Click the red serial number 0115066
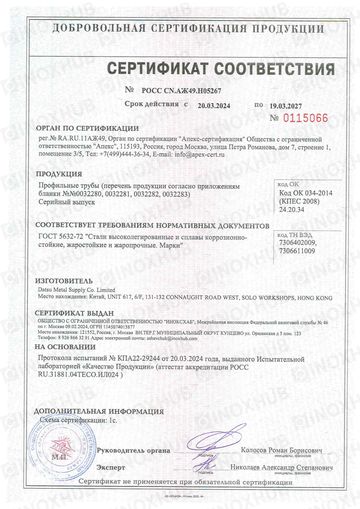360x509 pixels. (305, 118)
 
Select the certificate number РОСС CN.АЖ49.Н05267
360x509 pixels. (181, 91)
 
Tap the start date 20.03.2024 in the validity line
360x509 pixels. (214, 106)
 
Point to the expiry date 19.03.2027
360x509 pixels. (286, 106)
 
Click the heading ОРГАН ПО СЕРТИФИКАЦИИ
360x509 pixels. (87, 128)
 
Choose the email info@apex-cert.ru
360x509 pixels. (199, 155)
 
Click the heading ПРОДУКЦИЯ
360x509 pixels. (59, 174)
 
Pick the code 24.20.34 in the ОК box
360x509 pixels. (292, 210)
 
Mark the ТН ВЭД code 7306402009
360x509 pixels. (298, 243)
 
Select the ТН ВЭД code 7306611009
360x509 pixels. (297, 251)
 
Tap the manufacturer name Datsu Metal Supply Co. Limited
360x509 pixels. (76, 290)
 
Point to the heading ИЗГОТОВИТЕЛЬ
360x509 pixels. (64, 281)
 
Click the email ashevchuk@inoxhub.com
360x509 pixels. (172, 338)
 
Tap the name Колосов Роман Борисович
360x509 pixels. (282, 450)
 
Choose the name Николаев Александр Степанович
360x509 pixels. (282, 467)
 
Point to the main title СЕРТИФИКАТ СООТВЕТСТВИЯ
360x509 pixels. (221, 69)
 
